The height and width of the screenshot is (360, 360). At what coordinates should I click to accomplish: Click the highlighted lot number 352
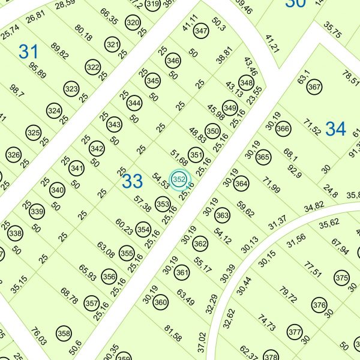click(x=179, y=179)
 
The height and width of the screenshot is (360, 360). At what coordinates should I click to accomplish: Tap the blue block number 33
click(x=132, y=181)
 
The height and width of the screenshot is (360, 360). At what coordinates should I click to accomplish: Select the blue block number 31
click(x=28, y=52)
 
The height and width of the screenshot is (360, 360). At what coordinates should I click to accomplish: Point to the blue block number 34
click(x=336, y=128)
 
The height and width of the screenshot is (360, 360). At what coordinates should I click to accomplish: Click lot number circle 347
click(x=201, y=31)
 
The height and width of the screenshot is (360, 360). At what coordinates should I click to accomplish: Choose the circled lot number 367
click(x=314, y=87)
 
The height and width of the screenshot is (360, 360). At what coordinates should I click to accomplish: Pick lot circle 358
click(x=63, y=333)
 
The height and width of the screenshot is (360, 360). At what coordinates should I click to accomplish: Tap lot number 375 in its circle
click(x=341, y=278)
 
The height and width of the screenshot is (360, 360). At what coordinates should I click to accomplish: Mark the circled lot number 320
click(x=133, y=23)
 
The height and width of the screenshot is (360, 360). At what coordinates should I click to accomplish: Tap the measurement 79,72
click(x=288, y=296)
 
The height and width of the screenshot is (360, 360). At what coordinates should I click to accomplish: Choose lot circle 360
click(x=160, y=303)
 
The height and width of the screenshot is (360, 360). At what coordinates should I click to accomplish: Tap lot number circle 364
click(x=241, y=184)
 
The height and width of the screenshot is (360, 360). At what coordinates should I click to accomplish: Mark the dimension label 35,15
click(x=18, y=283)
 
